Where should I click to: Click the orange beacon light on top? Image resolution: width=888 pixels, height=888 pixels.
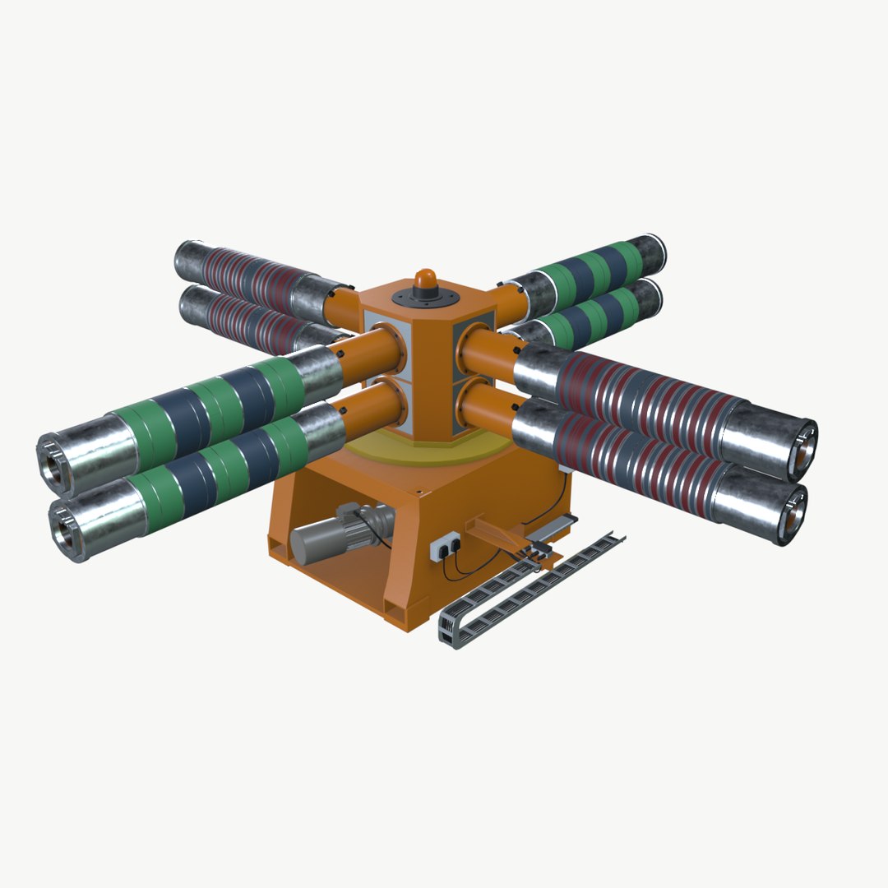coord(425,280)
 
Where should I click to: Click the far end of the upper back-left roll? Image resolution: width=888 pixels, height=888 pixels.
coord(185,259)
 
